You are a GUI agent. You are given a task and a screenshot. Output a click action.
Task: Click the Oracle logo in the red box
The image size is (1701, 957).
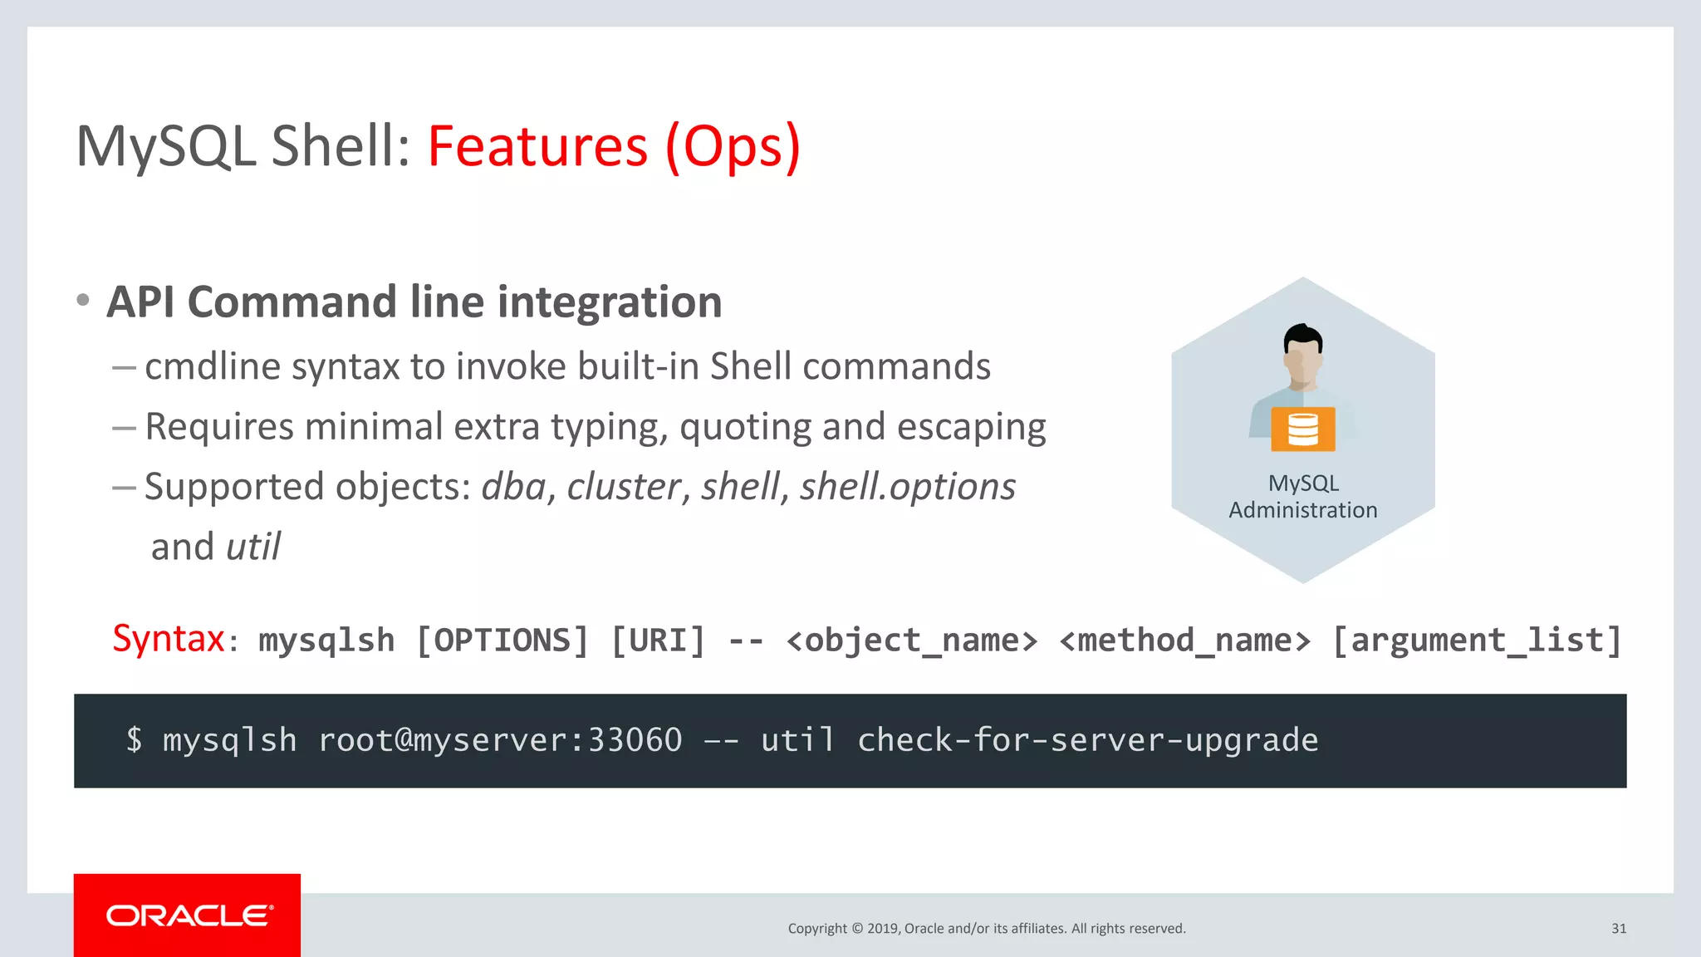click(189, 915)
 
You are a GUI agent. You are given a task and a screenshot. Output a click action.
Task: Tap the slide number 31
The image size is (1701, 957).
click(1618, 929)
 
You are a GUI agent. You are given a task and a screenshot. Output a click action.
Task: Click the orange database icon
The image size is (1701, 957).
click(1302, 429)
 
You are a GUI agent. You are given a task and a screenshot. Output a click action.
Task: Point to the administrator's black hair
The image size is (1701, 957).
click(1302, 336)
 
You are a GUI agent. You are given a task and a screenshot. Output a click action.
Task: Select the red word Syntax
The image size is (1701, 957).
click(169, 639)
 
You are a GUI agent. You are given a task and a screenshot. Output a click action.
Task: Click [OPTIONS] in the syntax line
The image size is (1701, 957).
click(502, 640)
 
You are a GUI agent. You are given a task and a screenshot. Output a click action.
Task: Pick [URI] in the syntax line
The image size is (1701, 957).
click(658, 640)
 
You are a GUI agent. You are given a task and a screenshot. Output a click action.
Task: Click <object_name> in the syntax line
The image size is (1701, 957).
click(911, 640)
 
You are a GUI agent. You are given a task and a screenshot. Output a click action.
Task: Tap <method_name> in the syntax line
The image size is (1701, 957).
click(1184, 640)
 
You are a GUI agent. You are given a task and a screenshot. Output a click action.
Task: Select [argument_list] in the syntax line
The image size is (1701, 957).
click(1477, 640)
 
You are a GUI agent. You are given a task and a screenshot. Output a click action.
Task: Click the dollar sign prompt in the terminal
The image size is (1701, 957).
click(134, 739)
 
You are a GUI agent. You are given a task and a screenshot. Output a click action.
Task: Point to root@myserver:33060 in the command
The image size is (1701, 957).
click(500, 739)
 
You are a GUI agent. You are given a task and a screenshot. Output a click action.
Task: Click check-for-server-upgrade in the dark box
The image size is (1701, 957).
click(1087, 739)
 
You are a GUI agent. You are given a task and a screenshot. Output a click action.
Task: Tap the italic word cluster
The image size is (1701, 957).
click(623, 487)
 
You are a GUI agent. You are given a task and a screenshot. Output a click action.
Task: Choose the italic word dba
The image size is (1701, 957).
click(513, 487)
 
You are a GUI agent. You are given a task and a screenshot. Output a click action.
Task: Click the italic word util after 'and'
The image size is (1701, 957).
click(253, 547)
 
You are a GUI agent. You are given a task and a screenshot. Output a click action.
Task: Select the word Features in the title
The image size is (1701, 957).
click(537, 146)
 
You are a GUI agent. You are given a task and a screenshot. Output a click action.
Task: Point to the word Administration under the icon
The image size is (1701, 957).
click(1302, 510)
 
